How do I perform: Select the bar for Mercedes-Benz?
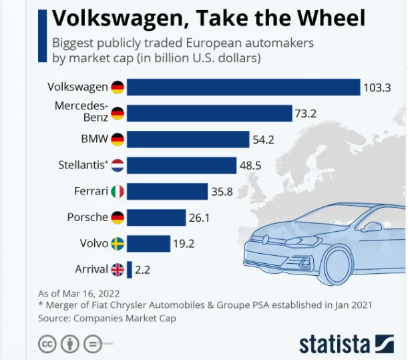pyautogui.click(x=209, y=114)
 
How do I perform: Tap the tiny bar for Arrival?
pyautogui.click(x=130, y=269)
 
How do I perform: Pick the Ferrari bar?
pyautogui.click(x=167, y=192)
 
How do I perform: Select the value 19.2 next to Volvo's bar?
pyautogui.click(x=184, y=244)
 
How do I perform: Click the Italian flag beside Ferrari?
pyautogui.click(x=118, y=192)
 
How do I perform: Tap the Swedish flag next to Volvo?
pyautogui.click(x=118, y=244)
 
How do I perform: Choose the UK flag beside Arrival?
pyautogui.click(x=118, y=269)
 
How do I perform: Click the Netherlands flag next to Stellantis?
pyautogui.click(x=118, y=166)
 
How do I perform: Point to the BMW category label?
pyautogui.click(x=93, y=140)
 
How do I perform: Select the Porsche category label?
pyautogui.click(x=87, y=218)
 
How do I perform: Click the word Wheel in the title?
pyautogui.click(x=324, y=17)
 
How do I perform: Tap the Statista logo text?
pyautogui.click(x=335, y=343)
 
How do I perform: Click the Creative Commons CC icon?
pyautogui.click(x=46, y=344)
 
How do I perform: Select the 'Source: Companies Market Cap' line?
pyautogui.click(x=107, y=318)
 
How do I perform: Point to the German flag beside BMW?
pyautogui.click(x=118, y=140)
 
